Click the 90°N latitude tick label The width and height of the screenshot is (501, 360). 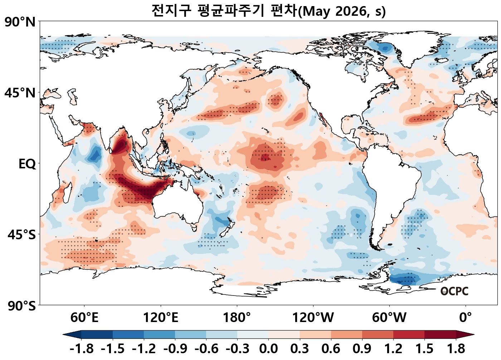pos(20,22)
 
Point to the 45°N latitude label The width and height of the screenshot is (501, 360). pos(20,93)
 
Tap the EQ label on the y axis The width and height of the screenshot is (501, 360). pos(27,164)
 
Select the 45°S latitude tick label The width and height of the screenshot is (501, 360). pos(21,235)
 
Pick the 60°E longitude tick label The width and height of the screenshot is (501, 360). pos(84,317)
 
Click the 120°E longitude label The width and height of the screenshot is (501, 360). pos(160,317)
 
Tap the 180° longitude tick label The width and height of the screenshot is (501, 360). pos(237,317)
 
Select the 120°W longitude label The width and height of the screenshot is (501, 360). pos(313,317)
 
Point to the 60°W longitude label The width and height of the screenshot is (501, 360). pos(389,317)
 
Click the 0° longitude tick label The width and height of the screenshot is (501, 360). pos(466,317)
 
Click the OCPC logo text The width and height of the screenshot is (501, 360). pos(454,291)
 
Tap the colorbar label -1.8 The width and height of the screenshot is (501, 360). pos(82,349)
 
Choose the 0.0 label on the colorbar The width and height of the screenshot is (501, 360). pos(268,349)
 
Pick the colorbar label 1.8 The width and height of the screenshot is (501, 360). pos(456,349)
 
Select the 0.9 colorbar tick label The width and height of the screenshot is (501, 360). pos(362,349)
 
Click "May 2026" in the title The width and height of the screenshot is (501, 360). pos(335,11)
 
